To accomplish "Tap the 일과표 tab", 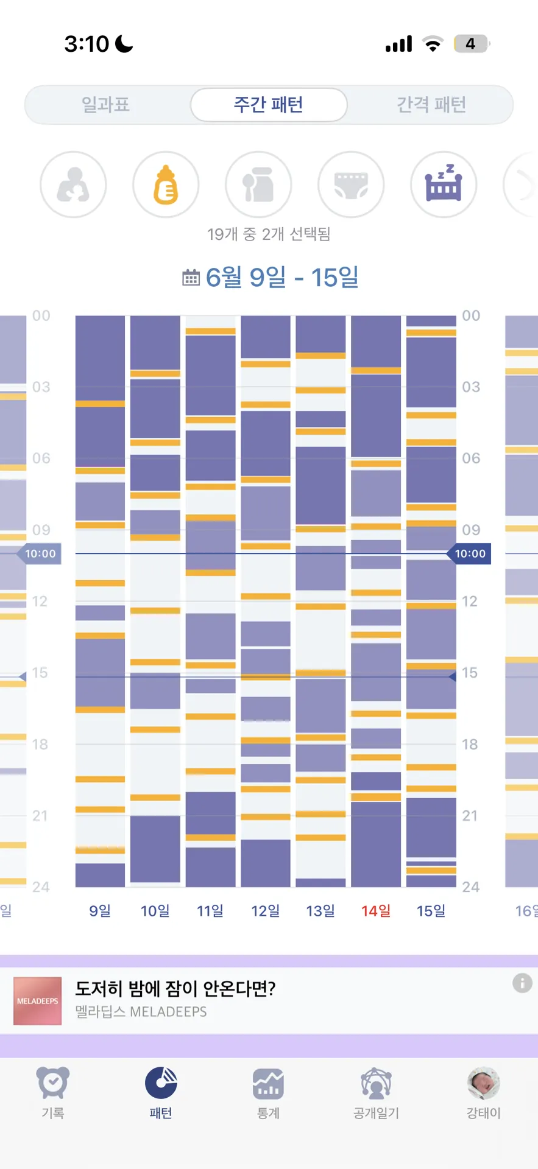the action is tap(106, 105).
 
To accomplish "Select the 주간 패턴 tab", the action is tap(269, 105).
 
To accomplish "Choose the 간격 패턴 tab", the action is tap(431, 105).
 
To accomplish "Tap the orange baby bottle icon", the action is tap(166, 184).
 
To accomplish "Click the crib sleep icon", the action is tap(444, 184).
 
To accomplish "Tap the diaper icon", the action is tap(351, 184).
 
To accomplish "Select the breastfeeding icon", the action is tap(73, 184).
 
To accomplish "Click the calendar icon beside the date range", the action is tap(191, 278).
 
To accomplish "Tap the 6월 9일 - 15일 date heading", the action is tap(282, 278).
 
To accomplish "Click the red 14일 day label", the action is tap(376, 911).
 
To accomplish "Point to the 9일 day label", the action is tap(100, 911).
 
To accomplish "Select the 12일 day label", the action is tap(266, 911).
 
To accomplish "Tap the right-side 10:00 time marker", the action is tap(469, 553).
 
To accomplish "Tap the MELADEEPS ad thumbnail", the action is tap(38, 1001).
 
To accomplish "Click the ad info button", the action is tap(522, 983).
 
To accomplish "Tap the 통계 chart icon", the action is tap(268, 1084).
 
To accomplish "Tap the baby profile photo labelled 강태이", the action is tap(484, 1083).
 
